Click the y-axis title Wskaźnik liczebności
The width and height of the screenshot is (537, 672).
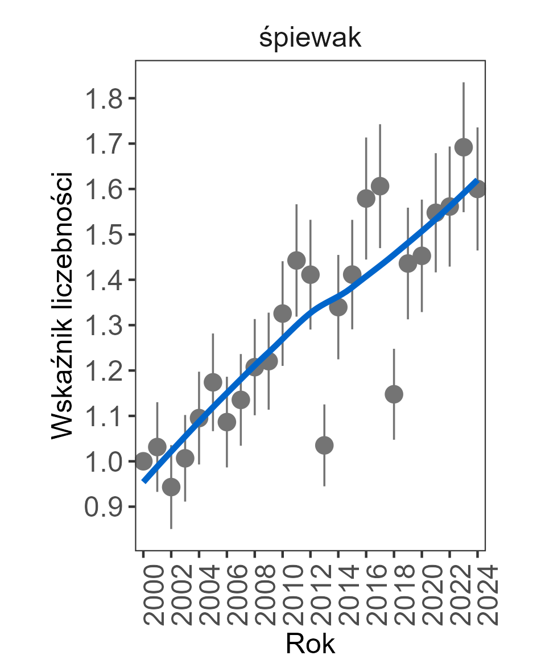click(63, 305)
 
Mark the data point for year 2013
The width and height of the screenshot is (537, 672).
click(324, 445)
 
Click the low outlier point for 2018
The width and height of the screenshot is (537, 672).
click(394, 394)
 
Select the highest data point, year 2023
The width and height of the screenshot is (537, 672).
click(464, 147)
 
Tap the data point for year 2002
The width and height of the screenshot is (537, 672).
click(171, 487)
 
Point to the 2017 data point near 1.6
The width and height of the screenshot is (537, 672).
click(380, 186)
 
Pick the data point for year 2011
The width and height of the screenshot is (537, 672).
click(296, 261)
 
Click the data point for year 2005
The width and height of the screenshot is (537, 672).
click(213, 382)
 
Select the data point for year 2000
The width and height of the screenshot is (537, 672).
click(143, 461)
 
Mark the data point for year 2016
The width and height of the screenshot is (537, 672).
click(366, 199)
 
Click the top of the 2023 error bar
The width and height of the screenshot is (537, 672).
click(464, 83)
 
